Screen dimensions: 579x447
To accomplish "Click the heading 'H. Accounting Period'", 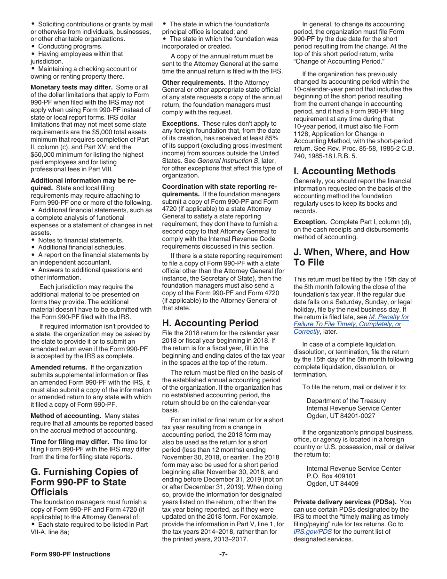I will [210, 323].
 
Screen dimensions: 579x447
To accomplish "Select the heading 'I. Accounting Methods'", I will [344, 171].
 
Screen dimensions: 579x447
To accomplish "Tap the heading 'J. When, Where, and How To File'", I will [351, 257].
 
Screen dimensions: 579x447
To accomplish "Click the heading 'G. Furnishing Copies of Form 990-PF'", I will [85, 482].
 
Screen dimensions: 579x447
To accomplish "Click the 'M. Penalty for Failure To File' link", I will [351, 324].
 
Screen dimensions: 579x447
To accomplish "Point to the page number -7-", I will [223, 554].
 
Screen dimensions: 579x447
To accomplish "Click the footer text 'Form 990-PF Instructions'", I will [71, 554].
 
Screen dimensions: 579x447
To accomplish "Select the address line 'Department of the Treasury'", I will [346, 401].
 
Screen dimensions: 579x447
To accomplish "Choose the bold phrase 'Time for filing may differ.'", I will [70, 442].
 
